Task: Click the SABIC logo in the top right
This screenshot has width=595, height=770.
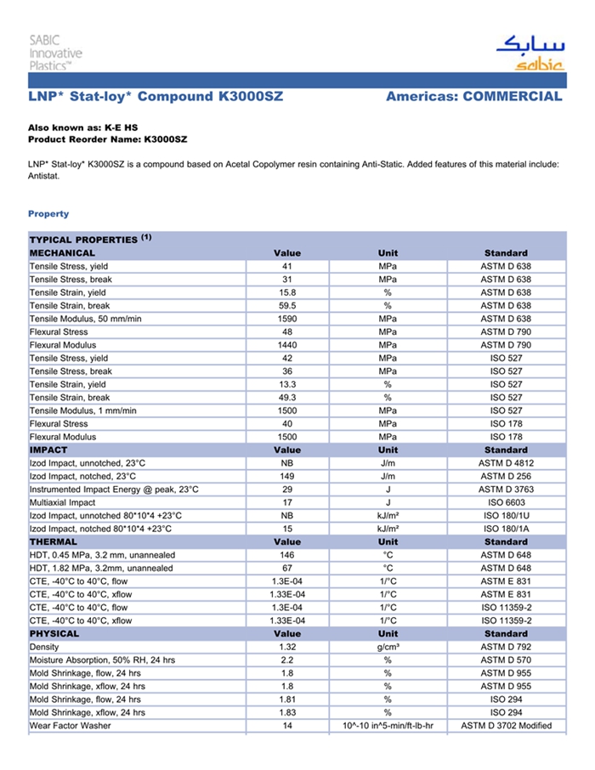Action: (529, 52)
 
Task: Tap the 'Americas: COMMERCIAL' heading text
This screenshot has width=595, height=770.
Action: (473, 97)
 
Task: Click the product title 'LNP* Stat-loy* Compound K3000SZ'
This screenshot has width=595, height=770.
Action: (156, 97)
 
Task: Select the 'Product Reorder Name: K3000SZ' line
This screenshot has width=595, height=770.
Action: (107, 138)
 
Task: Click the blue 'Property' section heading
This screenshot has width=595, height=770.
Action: (48, 213)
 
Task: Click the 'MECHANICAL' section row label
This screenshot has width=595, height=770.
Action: (63, 253)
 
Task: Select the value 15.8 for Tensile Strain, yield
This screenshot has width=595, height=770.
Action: (287, 292)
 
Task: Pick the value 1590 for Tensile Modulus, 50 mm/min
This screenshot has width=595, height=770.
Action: (287, 319)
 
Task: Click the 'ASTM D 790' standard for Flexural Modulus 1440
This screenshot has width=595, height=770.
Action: (506, 345)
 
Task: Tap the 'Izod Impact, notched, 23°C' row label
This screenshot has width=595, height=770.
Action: (88, 476)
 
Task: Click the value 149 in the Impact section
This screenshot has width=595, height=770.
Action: (287, 476)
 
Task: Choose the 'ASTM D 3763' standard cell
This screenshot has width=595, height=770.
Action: (506, 490)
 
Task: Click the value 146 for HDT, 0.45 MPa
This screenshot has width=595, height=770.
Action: (287, 555)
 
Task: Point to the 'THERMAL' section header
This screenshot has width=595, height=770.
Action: (54, 541)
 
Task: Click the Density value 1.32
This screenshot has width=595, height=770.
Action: (287, 647)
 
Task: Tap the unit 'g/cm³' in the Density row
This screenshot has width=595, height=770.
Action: (388, 647)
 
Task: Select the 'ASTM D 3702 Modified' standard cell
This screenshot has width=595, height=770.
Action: (506, 726)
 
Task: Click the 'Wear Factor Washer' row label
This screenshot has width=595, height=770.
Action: (71, 726)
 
